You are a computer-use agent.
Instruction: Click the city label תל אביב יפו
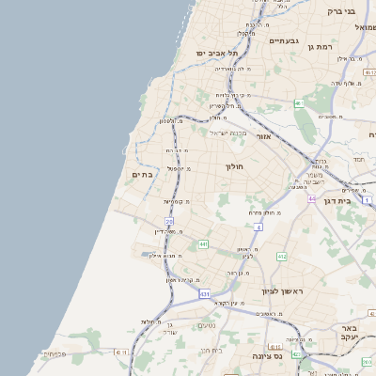(x=212, y=54)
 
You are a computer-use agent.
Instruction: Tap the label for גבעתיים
(x=283, y=41)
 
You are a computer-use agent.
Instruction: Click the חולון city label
(x=234, y=165)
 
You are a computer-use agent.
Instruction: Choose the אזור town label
(x=263, y=137)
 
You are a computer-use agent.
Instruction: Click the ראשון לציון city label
(x=279, y=290)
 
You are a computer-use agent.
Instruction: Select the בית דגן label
(x=350, y=200)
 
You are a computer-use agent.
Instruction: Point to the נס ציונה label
(x=269, y=356)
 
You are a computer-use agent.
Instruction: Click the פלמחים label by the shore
(x=55, y=354)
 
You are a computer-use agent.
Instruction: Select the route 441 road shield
(x=203, y=244)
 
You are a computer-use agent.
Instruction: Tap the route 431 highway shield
(x=204, y=294)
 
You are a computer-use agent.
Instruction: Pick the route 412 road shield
(x=281, y=256)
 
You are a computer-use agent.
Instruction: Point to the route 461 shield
(x=298, y=103)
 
